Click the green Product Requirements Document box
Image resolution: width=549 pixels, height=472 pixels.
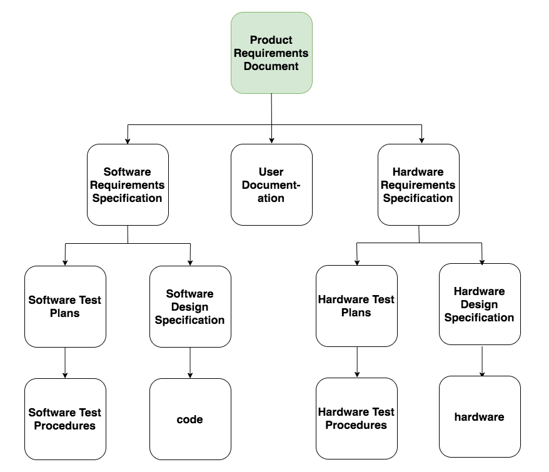click(271, 53)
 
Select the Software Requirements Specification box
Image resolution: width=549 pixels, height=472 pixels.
click(128, 184)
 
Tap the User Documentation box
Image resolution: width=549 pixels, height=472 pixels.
click(271, 184)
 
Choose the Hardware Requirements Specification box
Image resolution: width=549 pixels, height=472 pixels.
click(418, 184)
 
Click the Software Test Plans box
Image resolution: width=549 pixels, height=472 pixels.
click(65, 306)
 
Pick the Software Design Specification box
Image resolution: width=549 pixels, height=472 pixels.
click(190, 306)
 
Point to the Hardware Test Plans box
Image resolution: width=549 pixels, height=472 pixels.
click(356, 306)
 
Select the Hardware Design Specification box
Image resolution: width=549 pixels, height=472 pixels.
click(480, 304)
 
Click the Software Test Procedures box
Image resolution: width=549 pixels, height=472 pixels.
click(65, 419)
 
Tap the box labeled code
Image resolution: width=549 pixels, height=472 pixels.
click(190, 419)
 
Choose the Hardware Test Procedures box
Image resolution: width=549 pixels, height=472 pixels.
click(356, 418)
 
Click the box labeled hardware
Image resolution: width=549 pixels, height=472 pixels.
click(480, 416)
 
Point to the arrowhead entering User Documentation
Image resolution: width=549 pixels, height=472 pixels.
click(272, 140)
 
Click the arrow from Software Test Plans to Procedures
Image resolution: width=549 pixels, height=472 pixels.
click(65, 363)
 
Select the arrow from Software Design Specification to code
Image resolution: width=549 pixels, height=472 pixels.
click(190, 363)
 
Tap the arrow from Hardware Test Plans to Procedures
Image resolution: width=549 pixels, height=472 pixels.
click(356, 362)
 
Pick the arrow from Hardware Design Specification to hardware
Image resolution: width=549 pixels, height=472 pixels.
click(481, 361)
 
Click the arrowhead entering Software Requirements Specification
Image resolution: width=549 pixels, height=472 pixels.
click(128, 140)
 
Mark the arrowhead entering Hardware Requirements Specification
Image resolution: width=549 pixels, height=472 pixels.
click(421, 140)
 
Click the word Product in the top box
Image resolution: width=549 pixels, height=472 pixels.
click(271, 40)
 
